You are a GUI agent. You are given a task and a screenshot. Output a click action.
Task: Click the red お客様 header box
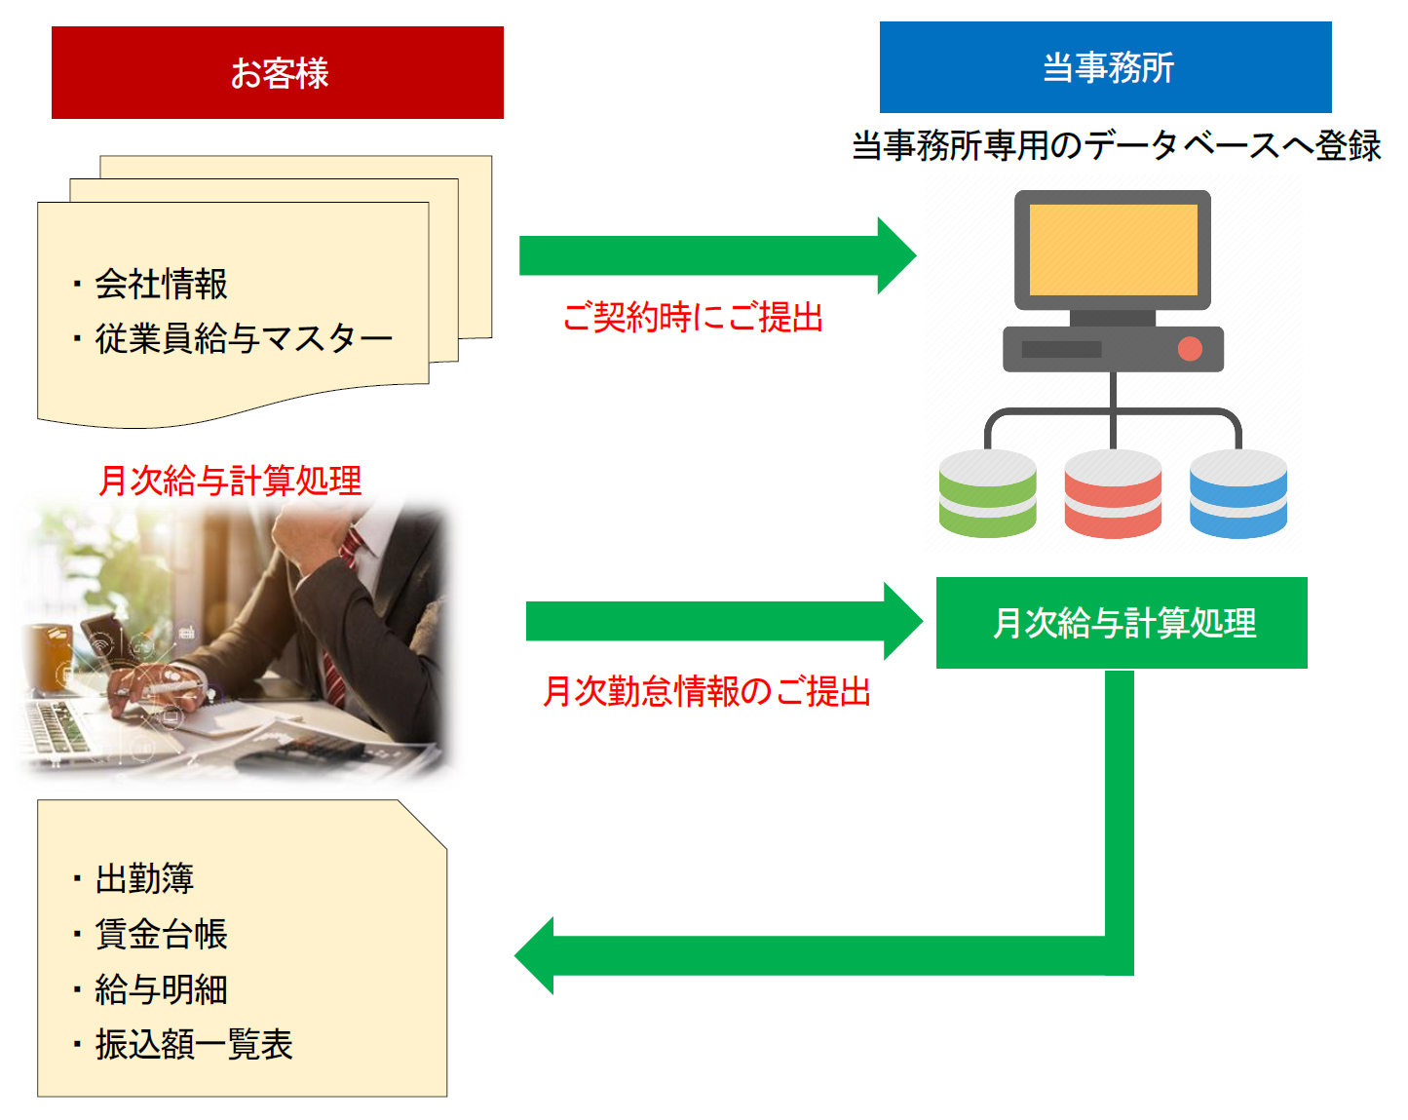[278, 73]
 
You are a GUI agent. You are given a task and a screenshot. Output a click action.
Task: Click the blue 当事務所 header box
[1105, 67]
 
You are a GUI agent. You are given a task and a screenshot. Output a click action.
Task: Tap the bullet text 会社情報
[161, 285]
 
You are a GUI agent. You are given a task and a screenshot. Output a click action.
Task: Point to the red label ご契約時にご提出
[693, 318]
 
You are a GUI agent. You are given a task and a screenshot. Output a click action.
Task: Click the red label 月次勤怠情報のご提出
[706, 691]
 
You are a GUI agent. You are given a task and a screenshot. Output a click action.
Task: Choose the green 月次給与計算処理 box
[1122, 623]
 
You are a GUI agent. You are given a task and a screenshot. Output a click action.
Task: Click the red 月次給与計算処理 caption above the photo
[230, 481]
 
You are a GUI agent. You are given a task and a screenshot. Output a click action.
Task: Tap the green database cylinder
[987, 494]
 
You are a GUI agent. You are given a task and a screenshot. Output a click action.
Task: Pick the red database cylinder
[1113, 494]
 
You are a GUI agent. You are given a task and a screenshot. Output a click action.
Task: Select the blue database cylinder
[1237, 494]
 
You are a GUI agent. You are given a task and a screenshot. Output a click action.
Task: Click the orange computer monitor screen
[1113, 250]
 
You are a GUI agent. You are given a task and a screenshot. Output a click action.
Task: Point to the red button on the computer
[1190, 349]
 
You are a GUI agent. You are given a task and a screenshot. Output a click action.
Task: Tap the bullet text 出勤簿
[144, 879]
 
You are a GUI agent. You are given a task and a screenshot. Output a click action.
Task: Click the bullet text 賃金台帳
[161, 934]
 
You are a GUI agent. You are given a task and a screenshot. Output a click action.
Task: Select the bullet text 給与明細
[161, 989]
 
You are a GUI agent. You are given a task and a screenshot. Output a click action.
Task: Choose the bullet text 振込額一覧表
[194, 1045]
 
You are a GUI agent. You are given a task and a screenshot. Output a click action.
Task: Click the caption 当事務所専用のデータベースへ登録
[1117, 146]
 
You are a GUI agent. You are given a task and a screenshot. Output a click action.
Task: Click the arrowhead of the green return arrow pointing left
[536, 955]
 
